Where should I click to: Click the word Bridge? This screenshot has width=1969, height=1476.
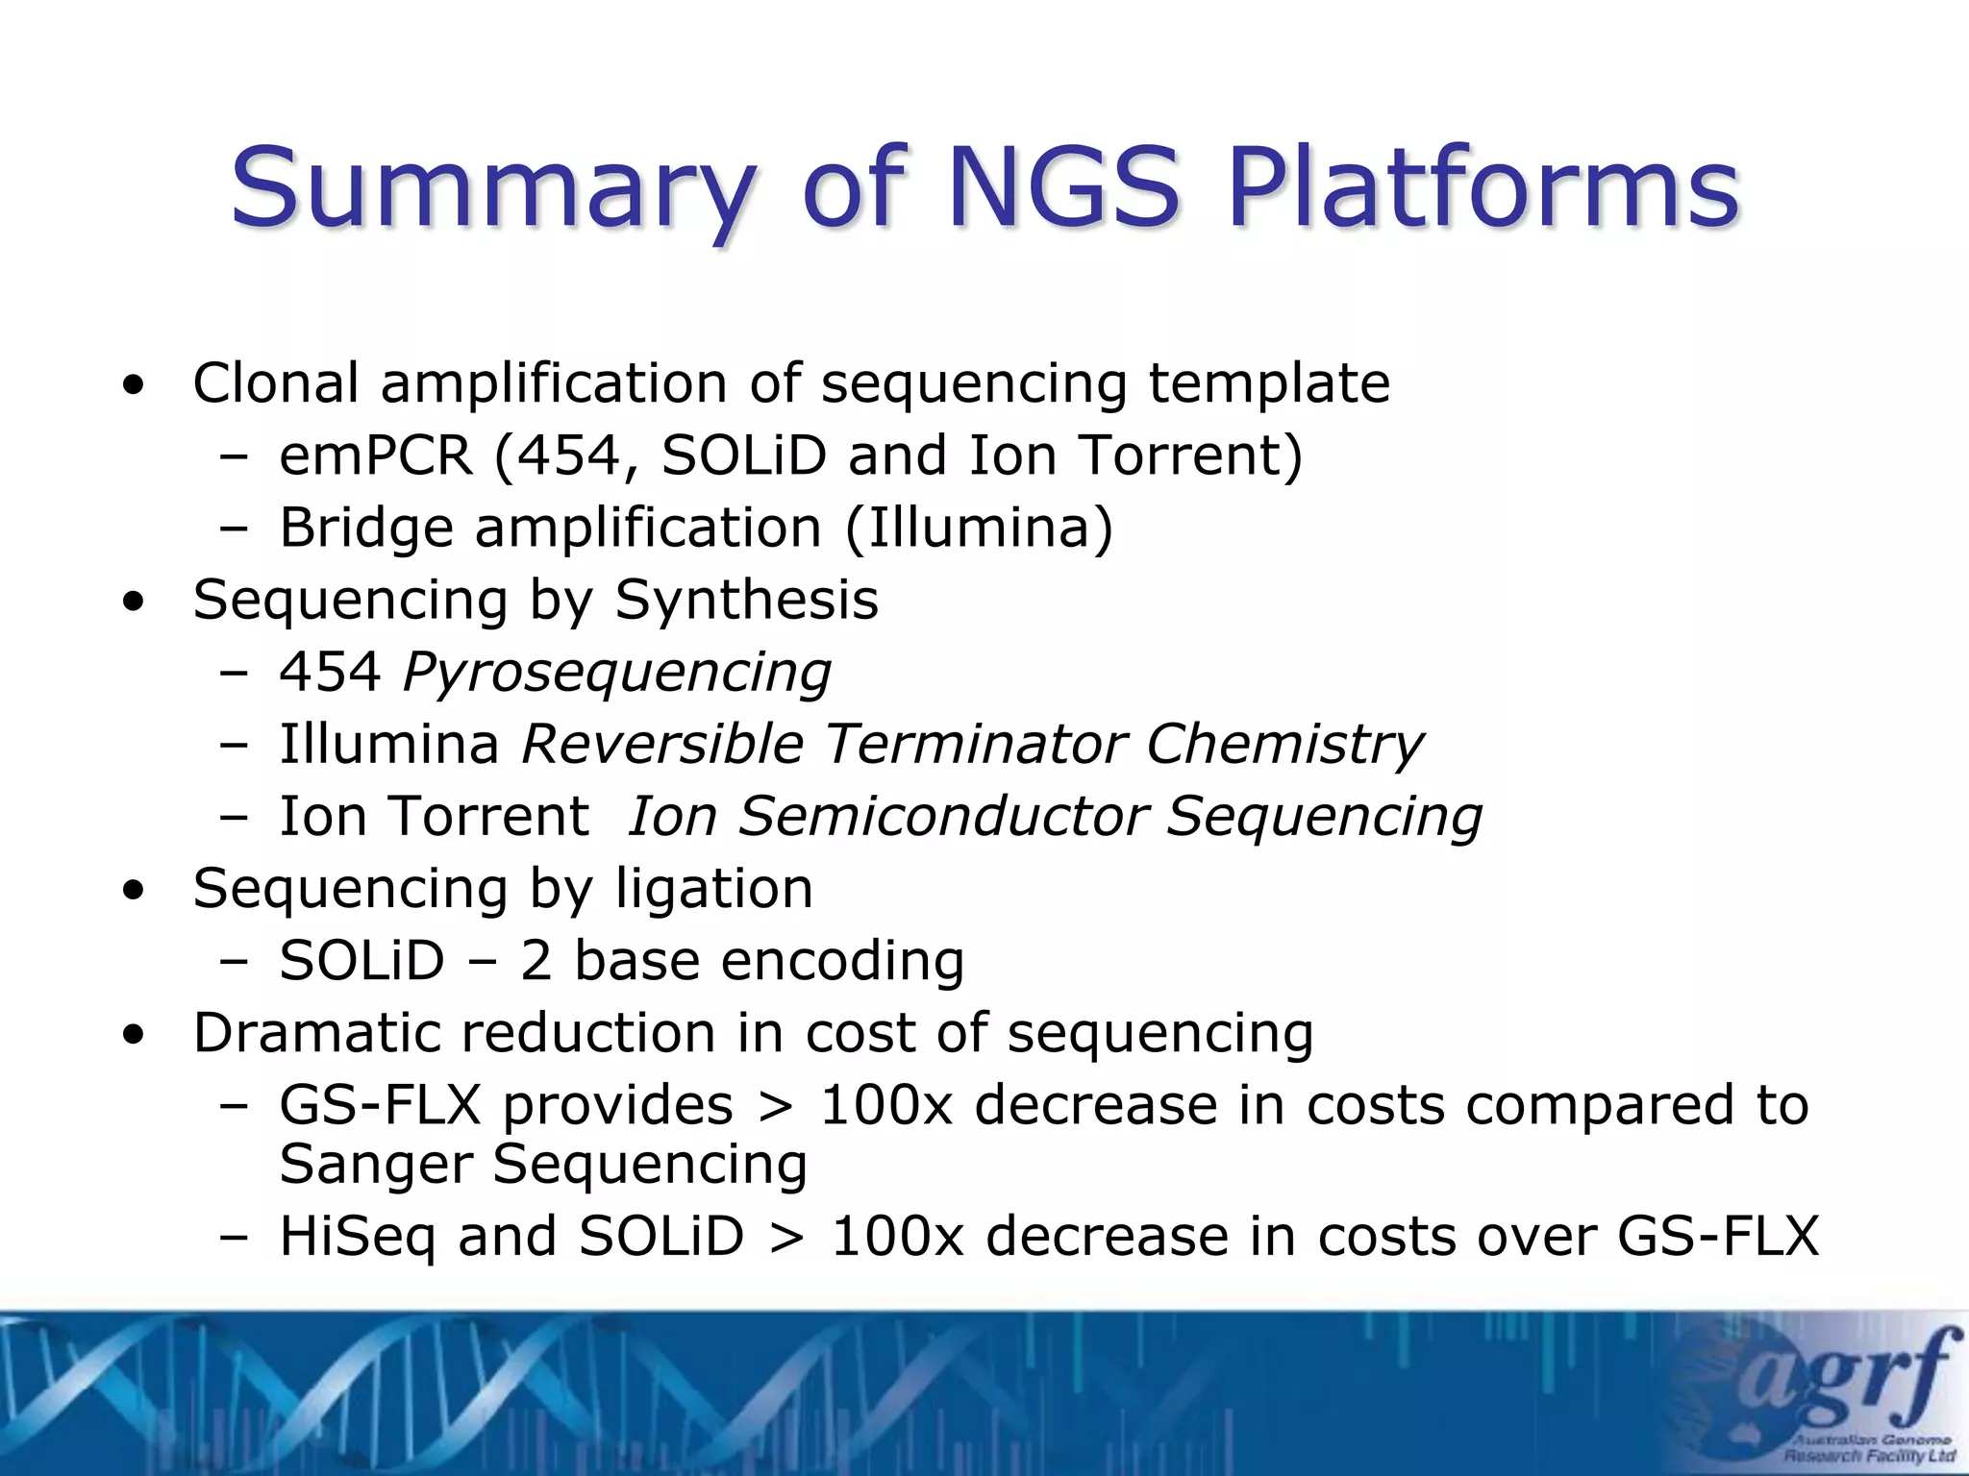(x=365, y=529)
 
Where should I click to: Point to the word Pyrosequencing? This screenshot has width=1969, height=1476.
(x=616, y=673)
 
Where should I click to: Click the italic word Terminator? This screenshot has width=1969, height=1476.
(x=975, y=745)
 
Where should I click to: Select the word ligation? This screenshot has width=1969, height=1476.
(x=713, y=889)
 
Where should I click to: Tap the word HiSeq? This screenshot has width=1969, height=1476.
(x=358, y=1236)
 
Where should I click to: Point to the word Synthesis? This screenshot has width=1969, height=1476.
(x=746, y=601)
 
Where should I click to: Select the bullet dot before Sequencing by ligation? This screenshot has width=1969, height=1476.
(x=134, y=891)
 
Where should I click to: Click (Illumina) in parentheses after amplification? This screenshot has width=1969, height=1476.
(x=979, y=529)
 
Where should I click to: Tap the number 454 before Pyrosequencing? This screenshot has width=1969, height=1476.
(x=330, y=673)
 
